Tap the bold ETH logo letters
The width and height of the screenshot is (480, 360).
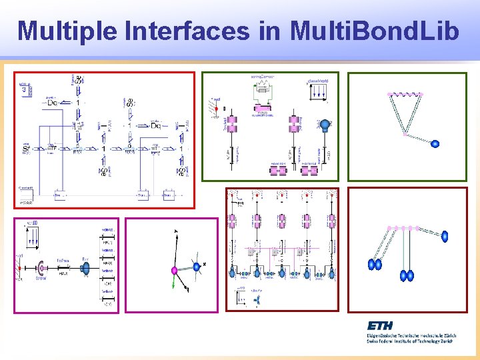[x=379, y=325]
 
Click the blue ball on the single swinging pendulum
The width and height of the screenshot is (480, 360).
[x=435, y=143]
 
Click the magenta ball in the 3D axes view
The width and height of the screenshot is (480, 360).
[x=174, y=270]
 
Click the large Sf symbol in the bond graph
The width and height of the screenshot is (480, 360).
[x=27, y=147]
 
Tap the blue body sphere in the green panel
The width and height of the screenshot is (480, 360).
[x=325, y=125]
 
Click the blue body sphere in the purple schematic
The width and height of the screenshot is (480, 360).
[x=85, y=268]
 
